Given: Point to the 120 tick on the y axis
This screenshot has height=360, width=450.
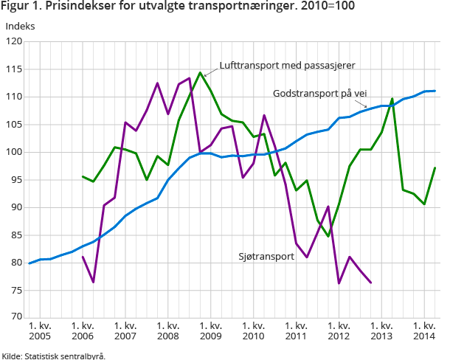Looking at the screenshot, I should click(14, 42).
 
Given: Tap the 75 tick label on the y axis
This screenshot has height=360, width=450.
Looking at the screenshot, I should click(14, 291).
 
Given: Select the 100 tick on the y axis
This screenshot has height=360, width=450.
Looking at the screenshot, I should click(14, 153).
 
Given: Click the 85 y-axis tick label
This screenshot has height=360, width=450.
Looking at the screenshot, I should click(14, 235).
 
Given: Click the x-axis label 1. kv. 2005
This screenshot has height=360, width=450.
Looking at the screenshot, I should click(40, 330).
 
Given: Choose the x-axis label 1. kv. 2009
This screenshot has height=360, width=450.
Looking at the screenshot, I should click(210, 330).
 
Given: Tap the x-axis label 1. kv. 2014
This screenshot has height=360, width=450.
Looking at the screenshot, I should click(423, 330).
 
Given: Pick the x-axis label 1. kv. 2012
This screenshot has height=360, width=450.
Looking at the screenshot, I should click(339, 330).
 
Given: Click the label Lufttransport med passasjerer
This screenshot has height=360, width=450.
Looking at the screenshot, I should click(288, 65).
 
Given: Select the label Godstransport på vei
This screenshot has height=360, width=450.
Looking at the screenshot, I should click(325, 94).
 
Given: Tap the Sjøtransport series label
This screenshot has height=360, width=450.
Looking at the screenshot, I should click(267, 257).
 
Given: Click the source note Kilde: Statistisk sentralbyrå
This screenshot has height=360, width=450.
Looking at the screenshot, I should click(53, 355).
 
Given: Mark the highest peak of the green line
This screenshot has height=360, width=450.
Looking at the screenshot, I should click(200, 73).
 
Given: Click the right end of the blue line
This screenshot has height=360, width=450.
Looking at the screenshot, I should click(435, 91).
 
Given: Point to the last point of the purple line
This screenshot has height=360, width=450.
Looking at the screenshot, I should click(370, 283).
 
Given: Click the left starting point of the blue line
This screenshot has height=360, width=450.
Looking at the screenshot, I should click(30, 263).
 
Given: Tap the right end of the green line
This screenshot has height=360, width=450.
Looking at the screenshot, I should click(435, 168).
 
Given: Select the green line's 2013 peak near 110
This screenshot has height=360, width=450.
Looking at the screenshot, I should click(392, 99).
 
